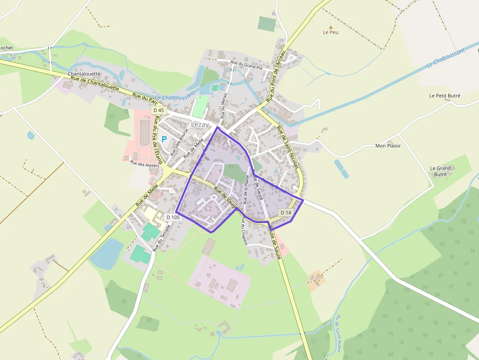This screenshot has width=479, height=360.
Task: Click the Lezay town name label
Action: tap(200, 125)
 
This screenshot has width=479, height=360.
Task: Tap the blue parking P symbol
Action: tap(165, 139)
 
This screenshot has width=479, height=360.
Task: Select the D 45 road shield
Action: tap(158, 110)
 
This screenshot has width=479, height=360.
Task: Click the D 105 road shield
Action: tap(174, 217)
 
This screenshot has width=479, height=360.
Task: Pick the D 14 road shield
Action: tap(286, 212)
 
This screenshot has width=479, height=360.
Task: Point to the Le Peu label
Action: tap(330, 33)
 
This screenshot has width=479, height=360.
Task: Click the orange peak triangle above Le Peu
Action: tap(330, 27)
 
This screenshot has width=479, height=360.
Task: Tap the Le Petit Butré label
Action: tap(444, 96)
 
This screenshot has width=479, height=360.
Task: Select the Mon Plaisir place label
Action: tap(388, 146)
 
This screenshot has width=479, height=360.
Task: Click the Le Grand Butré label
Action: tap(440, 171)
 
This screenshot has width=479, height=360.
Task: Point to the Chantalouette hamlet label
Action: tap(84, 74)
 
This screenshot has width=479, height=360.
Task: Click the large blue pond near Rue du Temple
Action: tap(107, 254)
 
